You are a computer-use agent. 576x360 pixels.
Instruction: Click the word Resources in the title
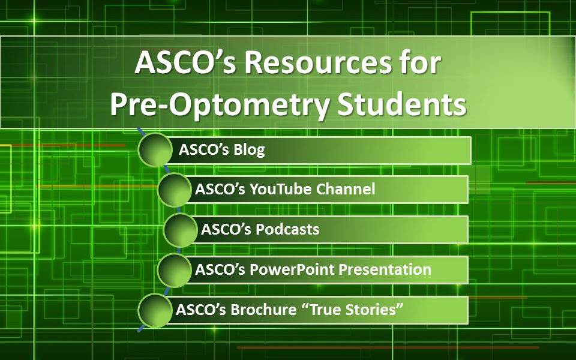click(318, 63)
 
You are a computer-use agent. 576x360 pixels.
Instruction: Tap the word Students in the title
click(401, 104)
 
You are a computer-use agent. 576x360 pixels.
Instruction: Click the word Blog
click(249, 149)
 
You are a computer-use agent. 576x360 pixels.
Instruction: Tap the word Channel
click(346, 189)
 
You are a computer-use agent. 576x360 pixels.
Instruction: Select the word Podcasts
click(287, 229)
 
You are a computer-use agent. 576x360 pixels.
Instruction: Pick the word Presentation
click(385, 269)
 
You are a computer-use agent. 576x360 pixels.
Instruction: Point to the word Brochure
click(264, 310)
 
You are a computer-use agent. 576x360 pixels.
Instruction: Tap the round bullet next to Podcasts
click(181, 230)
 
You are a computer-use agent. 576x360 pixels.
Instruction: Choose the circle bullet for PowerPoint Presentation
click(175, 271)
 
